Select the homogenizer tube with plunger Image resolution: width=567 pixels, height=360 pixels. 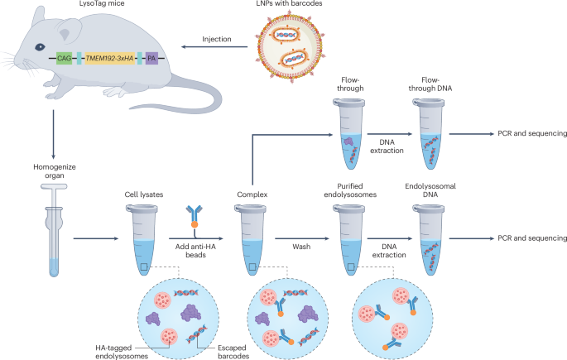coord(53,232)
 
